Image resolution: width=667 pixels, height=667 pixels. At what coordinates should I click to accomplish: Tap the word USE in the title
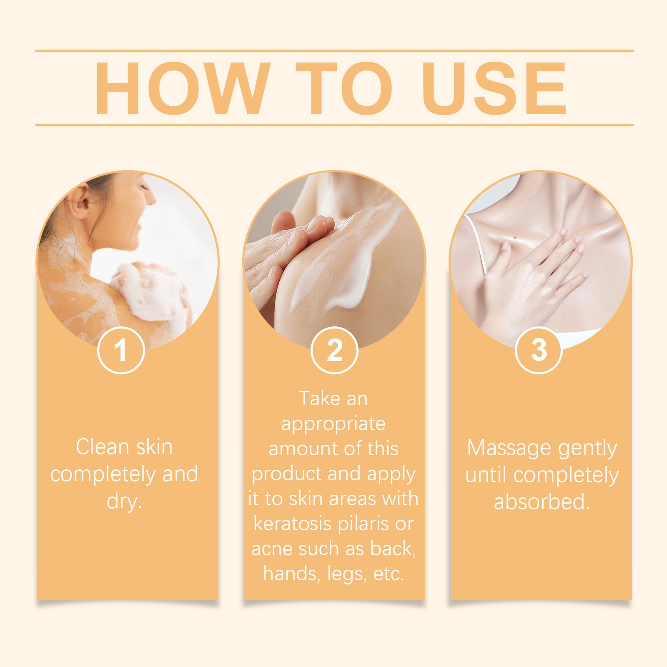click(494, 88)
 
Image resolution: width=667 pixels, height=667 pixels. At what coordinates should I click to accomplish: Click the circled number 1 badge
click(121, 350)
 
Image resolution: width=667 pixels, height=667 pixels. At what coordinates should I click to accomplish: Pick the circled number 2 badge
click(334, 350)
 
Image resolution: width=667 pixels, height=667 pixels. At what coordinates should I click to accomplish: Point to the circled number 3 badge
click(539, 350)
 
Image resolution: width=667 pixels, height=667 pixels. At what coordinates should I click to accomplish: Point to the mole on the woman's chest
click(516, 238)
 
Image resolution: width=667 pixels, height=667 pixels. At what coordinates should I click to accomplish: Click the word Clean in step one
click(103, 447)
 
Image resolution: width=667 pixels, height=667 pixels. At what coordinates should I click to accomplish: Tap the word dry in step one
click(124, 501)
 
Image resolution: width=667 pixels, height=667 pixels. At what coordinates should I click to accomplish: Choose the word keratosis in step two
click(293, 524)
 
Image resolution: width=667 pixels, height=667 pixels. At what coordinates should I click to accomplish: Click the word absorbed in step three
click(542, 502)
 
